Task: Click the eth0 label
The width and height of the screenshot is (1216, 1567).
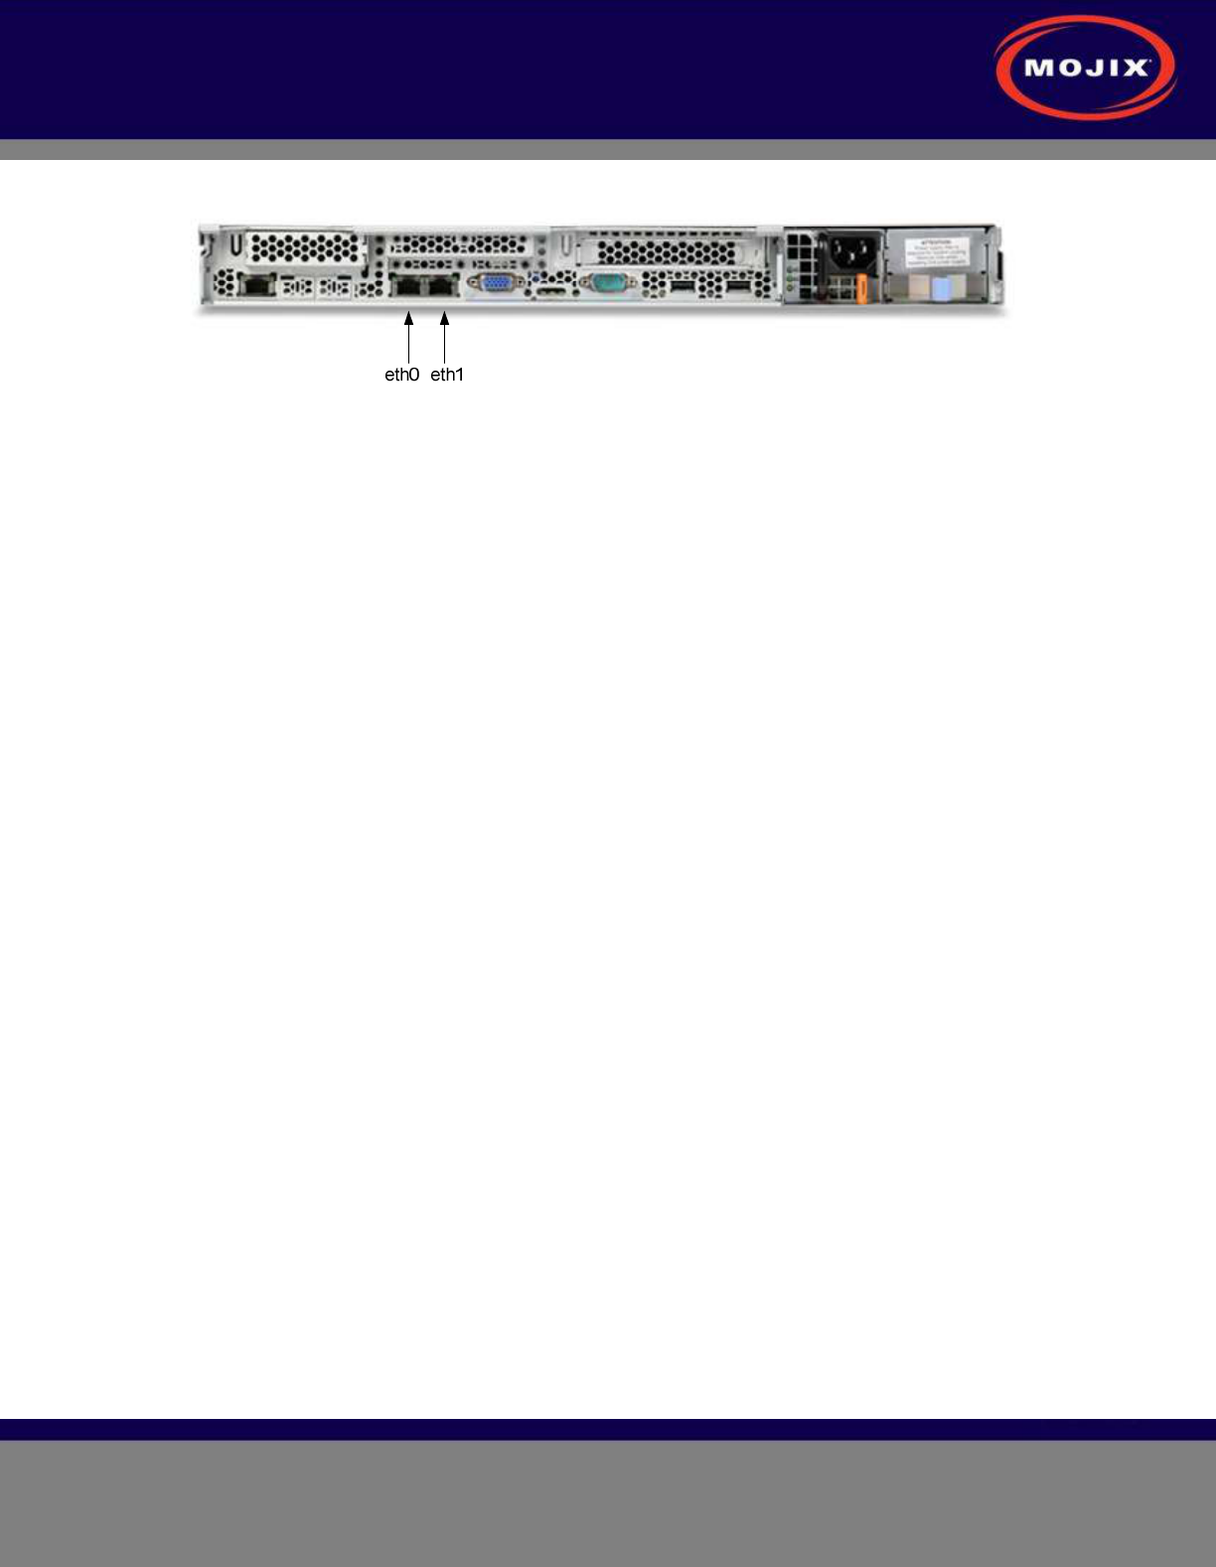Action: pyautogui.click(x=401, y=375)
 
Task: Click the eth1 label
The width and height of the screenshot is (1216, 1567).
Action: pyautogui.click(x=447, y=375)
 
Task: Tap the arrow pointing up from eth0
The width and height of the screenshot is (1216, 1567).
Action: pyautogui.click(x=408, y=338)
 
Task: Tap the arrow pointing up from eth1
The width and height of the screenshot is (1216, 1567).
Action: pyautogui.click(x=444, y=338)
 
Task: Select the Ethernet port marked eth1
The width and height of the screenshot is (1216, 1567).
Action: pyautogui.click(x=441, y=286)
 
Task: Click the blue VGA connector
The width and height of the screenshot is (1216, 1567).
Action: pyautogui.click(x=496, y=285)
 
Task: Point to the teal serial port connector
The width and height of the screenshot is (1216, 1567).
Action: pyautogui.click(x=606, y=284)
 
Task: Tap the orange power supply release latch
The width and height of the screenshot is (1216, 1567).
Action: pyautogui.click(x=861, y=289)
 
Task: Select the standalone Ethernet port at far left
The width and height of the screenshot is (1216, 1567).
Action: pyautogui.click(x=257, y=286)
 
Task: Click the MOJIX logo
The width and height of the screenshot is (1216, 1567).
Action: pyautogui.click(x=1086, y=68)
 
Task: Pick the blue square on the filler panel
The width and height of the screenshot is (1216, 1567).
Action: pyautogui.click(x=943, y=289)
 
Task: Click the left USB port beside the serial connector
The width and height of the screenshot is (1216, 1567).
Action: pyautogui.click(x=682, y=287)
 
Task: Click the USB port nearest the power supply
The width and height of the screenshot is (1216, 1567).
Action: pyautogui.click(x=737, y=287)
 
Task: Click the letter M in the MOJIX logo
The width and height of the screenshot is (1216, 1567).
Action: pyautogui.click(x=1040, y=69)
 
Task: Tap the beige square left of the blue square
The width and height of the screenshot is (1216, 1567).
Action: pyautogui.click(x=918, y=289)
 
